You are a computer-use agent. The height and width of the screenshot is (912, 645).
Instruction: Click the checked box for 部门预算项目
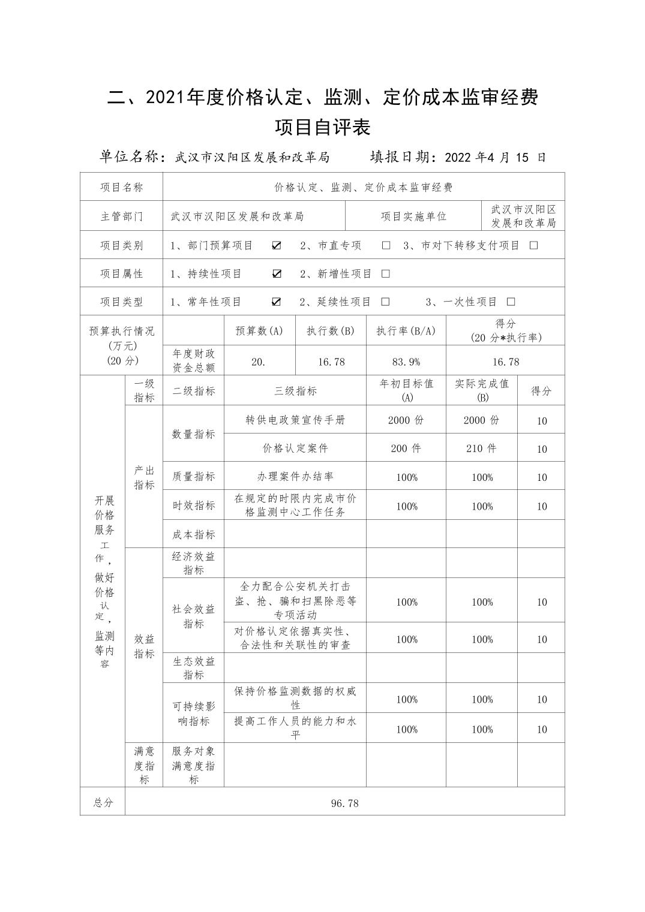pos(277,245)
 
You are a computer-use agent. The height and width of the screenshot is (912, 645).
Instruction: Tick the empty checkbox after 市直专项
pos(386,245)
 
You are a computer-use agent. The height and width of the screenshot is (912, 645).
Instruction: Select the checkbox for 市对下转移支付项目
pos(533,245)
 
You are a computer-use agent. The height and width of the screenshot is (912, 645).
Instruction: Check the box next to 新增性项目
pos(386,273)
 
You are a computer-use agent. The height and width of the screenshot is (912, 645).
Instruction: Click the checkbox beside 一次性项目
pos(511,302)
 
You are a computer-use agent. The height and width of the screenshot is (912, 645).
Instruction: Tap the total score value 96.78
pos(344,803)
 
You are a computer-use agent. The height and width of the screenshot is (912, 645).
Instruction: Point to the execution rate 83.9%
pos(406,362)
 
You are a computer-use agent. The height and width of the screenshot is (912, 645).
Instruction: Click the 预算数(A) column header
pos(259,330)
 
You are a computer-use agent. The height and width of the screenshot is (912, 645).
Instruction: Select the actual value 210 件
pos(481,448)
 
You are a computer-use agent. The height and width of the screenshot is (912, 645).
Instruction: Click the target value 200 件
pos(406,448)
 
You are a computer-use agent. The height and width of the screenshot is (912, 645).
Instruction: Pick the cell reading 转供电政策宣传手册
pos(295,420)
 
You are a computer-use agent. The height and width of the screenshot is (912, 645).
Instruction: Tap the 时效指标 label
pos(193,505)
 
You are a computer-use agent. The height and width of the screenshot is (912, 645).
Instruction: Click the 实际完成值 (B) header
pos(481,390)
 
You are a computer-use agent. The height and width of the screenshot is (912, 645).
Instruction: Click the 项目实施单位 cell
pos(413,216)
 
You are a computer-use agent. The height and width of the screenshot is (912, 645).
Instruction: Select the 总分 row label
pos(103,802)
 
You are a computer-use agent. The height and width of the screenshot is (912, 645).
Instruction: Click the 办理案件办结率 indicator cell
pos(295,477)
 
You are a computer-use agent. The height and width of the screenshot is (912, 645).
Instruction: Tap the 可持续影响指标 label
pos(193,714)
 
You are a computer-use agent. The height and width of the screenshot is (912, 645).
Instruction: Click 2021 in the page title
pos(166,97)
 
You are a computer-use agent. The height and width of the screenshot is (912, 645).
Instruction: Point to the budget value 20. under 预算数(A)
pos(259,362)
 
